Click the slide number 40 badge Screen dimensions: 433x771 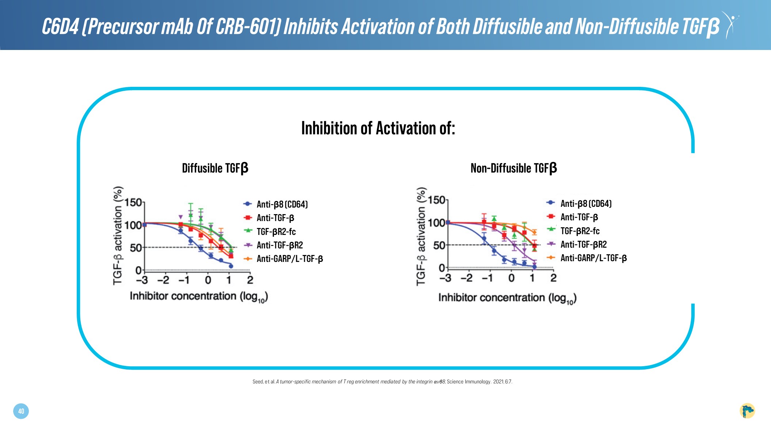[x=21, y=411]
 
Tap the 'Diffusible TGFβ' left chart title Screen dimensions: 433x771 [x=215, y=168]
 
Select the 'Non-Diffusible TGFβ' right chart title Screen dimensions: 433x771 [x=514, y=168]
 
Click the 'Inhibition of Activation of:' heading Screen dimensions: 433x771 [x=378, y=128]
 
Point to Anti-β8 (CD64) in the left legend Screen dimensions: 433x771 [x=282, y=204]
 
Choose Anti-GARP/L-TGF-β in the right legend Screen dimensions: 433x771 [x=593, y=258]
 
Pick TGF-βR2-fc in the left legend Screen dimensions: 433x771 [x=276, y=232]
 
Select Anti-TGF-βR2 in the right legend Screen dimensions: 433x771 [x=583, y=244]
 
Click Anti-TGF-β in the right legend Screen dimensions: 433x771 [x=579, y=217]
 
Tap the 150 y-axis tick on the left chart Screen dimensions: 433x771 [x=133, y=202]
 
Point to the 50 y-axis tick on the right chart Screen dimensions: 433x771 [x=439, y=246]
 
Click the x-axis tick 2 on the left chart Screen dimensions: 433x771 [x=250, y=280]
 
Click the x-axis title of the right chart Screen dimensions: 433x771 [x=507, y=298]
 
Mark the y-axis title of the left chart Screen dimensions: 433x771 [x=118, y=235]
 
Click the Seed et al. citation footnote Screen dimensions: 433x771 [x=382, y=382]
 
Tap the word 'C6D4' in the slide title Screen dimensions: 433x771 [x=60, y=26]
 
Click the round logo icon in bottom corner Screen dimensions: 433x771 [x=747, y=411]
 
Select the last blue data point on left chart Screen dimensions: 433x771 [x=231, y=266]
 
